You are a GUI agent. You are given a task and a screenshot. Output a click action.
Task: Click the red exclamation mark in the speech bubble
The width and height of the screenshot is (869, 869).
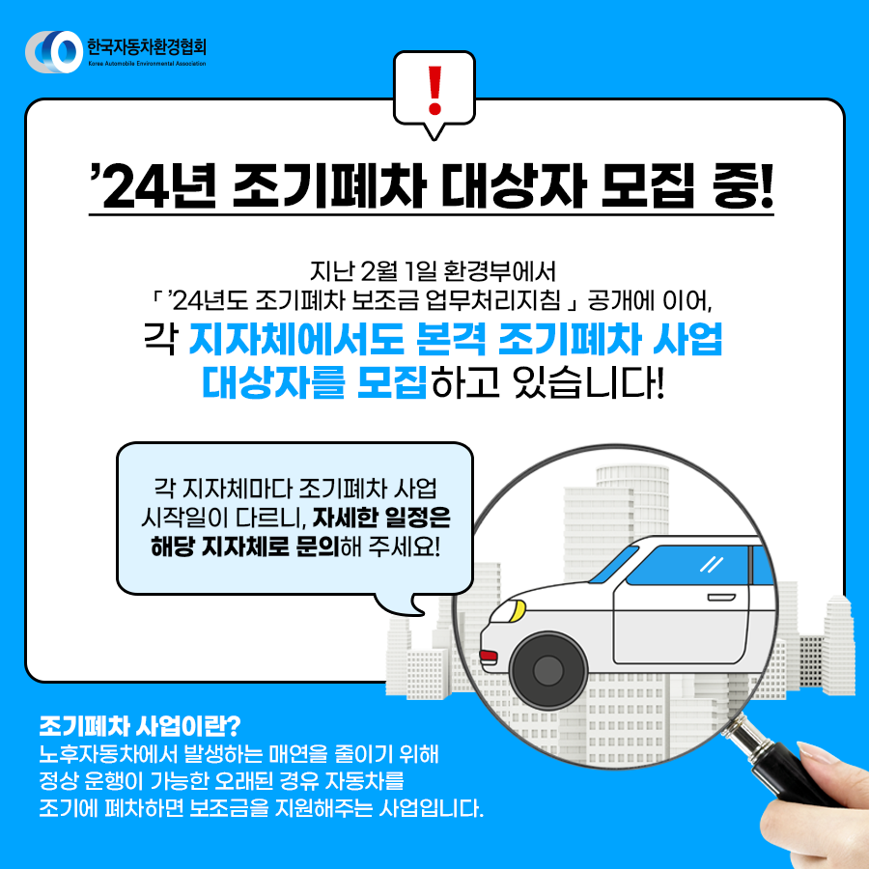[435, 90]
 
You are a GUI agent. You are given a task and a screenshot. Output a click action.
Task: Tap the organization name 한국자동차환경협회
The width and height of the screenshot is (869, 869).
[147, 46]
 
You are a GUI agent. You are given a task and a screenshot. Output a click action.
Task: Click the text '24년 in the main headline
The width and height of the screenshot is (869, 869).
[154, 186]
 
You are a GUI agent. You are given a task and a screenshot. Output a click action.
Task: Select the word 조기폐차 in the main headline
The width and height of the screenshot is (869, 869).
[328, 186]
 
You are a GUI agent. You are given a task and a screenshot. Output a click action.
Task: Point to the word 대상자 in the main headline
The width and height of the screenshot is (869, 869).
[514, 186]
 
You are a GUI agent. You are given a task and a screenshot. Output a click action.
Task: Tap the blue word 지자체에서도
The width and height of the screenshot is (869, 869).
[296, 339]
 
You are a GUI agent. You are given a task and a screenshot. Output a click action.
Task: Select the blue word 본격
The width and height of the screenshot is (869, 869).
[451, 339]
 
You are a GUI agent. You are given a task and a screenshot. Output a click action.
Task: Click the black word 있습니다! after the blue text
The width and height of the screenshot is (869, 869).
[589, 382]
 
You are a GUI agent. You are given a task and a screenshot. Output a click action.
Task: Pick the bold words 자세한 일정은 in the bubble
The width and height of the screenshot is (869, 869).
[381, 518]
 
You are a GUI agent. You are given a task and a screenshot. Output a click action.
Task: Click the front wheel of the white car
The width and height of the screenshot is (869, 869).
[547, 669]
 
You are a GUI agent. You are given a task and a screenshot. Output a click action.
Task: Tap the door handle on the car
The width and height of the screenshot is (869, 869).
[721, 598]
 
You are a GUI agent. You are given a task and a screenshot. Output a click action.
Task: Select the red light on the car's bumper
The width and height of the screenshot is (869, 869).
[489, 657]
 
